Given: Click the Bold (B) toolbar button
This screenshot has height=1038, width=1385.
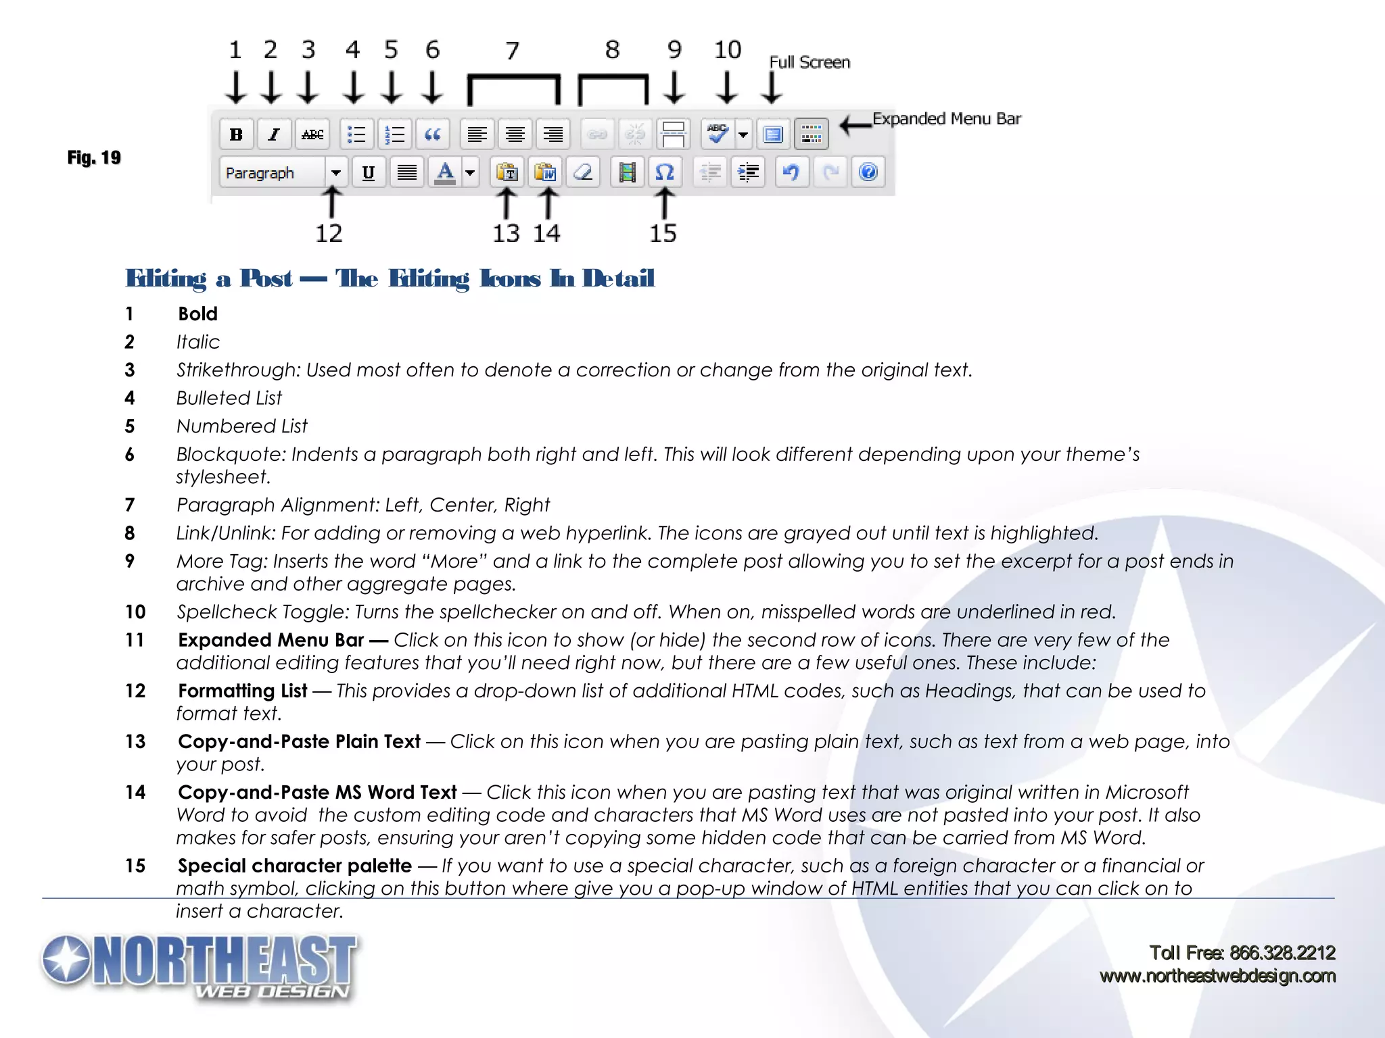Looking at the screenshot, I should pyautogui.click(x=236, y=134).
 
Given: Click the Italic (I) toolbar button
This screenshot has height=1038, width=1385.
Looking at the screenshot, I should pyautogui.click(x=274, y=134).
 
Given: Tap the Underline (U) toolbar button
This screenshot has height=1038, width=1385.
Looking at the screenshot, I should pyautogui.click(x=369, y=172).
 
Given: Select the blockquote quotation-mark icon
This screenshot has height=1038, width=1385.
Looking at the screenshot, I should pyautogui.click(x=433, y=134).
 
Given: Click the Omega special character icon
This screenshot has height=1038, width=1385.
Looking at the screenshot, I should pyautogui.click(x=665, y=172).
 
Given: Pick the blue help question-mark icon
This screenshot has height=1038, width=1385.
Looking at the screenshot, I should pyautogui.click(x=868, y=172).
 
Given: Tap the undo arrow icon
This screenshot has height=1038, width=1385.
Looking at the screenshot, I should pyautogui.click(x=791, y=172).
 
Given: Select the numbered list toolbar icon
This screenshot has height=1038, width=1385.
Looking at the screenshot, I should pyautogui.click(x=394, y=134).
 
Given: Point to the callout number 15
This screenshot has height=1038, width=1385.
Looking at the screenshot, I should pyautogui.click(x=663, y=234).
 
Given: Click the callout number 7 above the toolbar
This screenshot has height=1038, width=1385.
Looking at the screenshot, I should pyautogui.click(x=513, y=51).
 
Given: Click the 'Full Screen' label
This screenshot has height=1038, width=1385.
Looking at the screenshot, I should pyautogui.click(x=809, y=62).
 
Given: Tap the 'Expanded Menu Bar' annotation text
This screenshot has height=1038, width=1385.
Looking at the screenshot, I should pyautogui.click(x=946, y=119).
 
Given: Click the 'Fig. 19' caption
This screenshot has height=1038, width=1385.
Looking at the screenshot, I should pyautogui.click(x=94, y=157).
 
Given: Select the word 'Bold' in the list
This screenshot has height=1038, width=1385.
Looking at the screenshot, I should pyautogui.click(x=197, y=314).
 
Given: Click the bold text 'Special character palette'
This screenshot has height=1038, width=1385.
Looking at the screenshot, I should pyautogui.click(x=295, y=866).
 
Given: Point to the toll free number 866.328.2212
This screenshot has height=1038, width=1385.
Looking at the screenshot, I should pyautogui.click(x=1282, y=953).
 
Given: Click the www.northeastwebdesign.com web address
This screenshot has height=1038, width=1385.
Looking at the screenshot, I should pyautogui.click(x=1217, y=976).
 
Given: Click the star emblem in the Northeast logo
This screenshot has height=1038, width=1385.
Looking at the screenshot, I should pyautogui.click(x=66, y=960).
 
